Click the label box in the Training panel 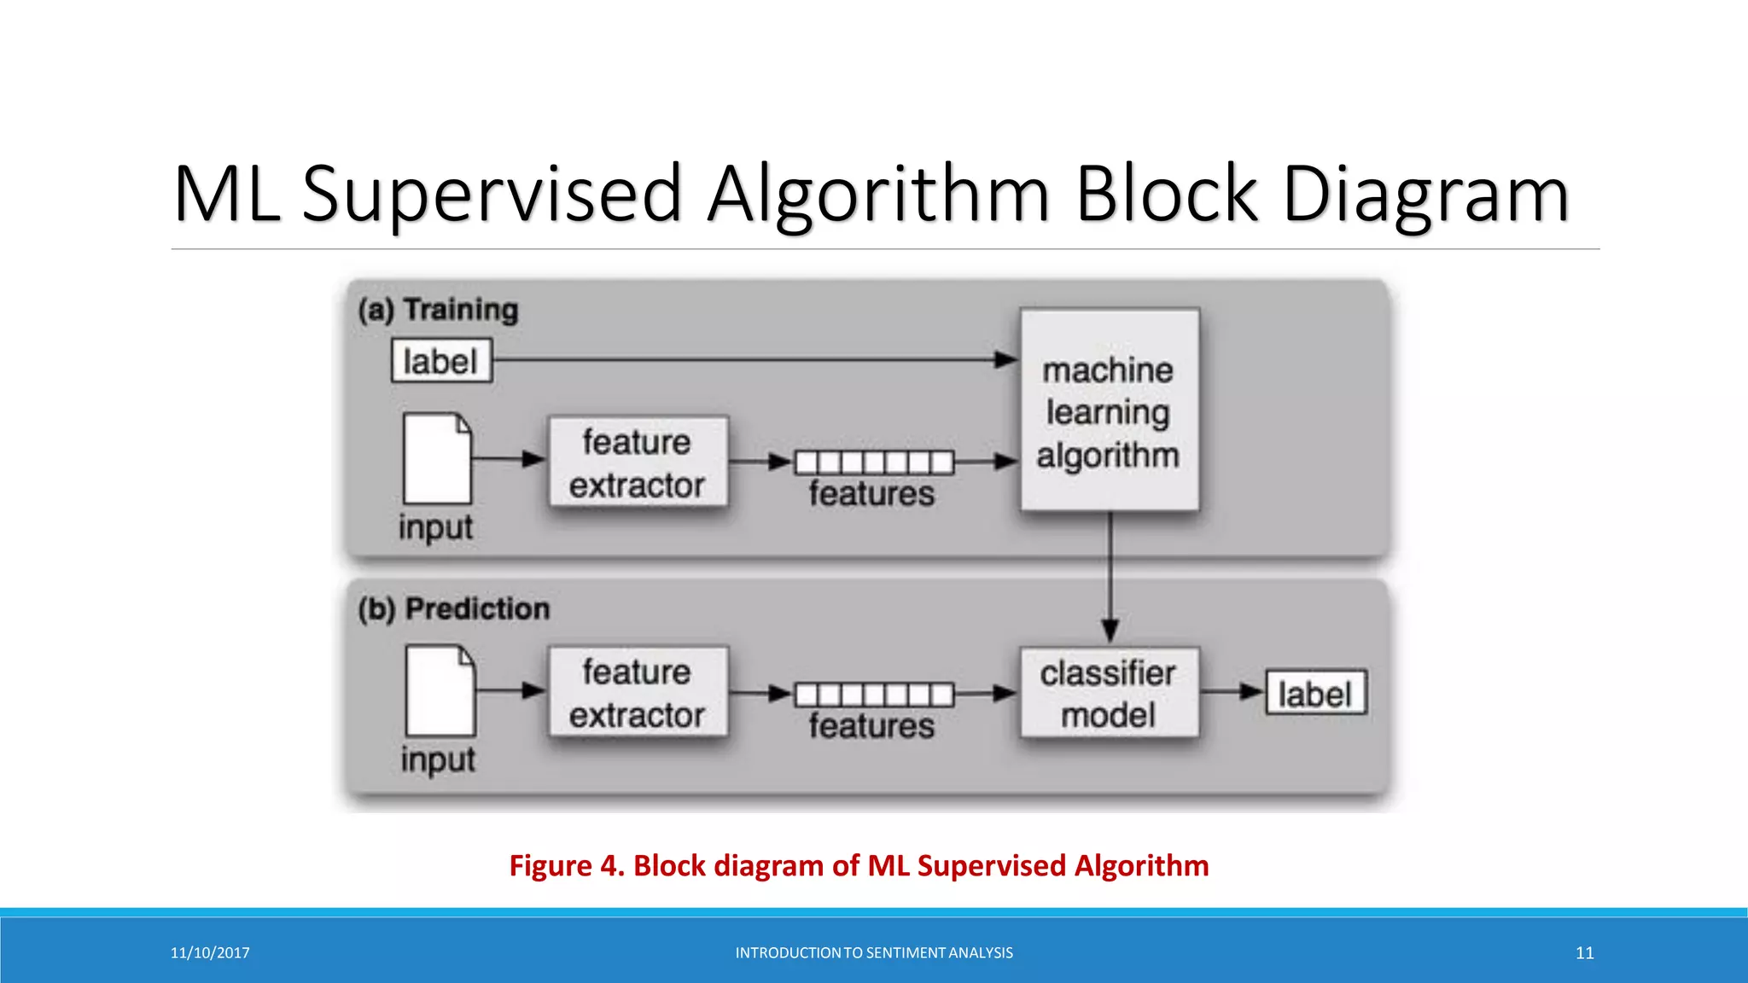(441, 361)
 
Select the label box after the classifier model (1315, 693)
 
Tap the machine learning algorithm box (1110, 411)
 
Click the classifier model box (1110, 693)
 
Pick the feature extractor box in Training (638, 462)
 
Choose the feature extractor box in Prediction (638, 692)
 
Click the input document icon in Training (437, 459)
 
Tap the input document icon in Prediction (440, 690)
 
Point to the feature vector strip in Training (874, 462)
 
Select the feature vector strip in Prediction (874, 695)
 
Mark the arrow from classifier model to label (1232, 692)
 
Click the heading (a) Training (438, 309)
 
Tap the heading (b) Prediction (453, 609)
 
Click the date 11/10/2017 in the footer (210, 953)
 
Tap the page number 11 (1584, 953)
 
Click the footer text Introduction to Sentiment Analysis (874, 953)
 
